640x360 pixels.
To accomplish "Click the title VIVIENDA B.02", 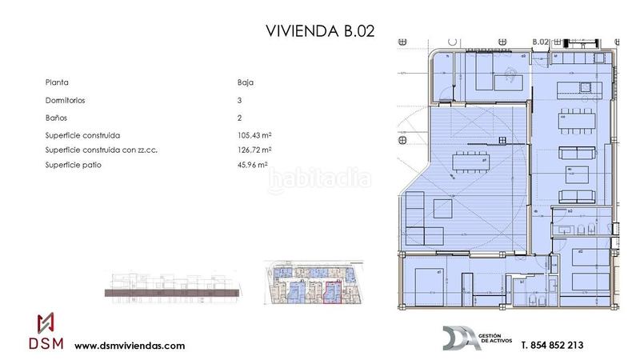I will coord(319,31).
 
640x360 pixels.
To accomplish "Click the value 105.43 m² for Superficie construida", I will coord(250,135).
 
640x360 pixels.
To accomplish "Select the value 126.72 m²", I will coord(250,150).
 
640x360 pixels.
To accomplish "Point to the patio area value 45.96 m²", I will coord(247,165).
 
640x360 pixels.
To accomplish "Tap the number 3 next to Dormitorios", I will coord(240,101).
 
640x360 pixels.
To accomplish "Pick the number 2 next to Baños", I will coord(240,118).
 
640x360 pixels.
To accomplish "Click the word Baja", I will coord(245,82).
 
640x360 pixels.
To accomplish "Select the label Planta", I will coord(57,82).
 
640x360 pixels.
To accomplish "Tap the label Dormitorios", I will coord(66,101).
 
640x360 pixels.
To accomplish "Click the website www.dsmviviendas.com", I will coord(130,346).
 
